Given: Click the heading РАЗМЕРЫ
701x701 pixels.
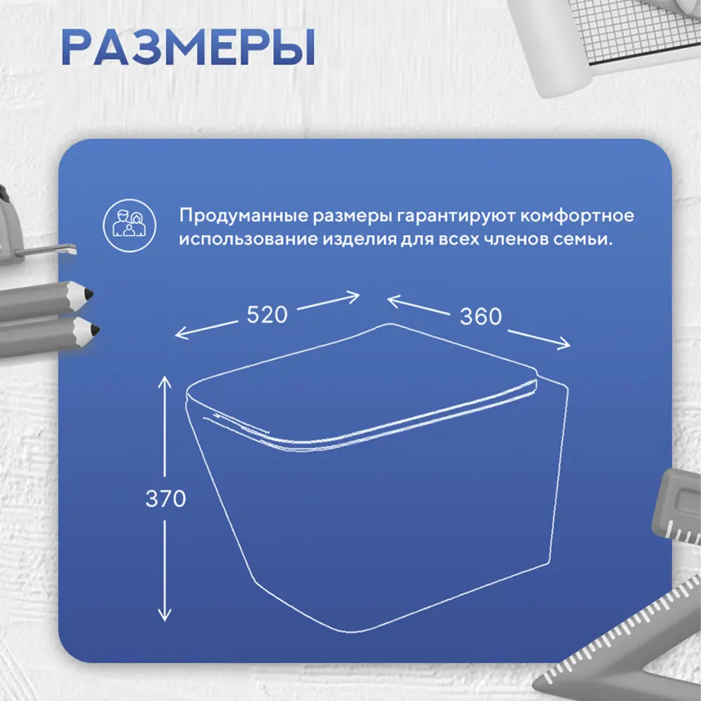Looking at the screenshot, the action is pos(188,48).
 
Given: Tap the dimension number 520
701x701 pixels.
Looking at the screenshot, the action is pos(267,315).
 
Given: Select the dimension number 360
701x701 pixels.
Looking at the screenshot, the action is pos(481,317).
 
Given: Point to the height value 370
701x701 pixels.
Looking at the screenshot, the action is pos(165,498).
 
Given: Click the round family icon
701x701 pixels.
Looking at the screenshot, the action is pos(130,225).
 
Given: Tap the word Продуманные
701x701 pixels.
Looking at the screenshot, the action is pos(244,216).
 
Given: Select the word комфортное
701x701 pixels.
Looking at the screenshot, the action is pos(577,216).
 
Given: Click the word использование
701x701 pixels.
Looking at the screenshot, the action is pos(248,239).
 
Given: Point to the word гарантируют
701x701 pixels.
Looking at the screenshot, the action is pos(456,216).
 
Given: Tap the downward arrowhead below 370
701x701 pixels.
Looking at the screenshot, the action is pos(165,615).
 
